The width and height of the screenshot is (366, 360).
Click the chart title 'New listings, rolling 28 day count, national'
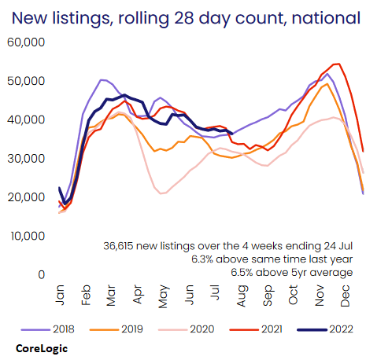coord(186,19)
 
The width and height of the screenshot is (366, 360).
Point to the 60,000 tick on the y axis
coord(26,42)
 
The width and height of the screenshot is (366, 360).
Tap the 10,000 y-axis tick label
coord(28,236)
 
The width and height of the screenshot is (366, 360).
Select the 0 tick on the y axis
coord(42,275)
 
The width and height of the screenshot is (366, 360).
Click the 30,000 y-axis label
coord(26,159)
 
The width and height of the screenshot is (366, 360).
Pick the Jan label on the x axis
coord(60,295)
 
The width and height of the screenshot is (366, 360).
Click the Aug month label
coord(242,296)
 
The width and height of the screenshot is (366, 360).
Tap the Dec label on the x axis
coord(346,296)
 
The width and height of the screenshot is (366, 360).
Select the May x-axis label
coord(164,296)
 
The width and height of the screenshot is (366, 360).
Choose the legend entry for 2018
coord(48,329)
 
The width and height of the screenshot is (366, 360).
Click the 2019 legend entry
coord(116,329)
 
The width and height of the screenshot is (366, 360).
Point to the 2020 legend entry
coord(187,329)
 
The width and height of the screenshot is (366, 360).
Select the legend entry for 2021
coord(256,329)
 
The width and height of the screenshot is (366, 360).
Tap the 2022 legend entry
coord(325,329)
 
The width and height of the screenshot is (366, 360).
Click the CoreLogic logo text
coord(42,348)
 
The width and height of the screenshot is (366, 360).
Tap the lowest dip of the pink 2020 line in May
coord(161,193)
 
